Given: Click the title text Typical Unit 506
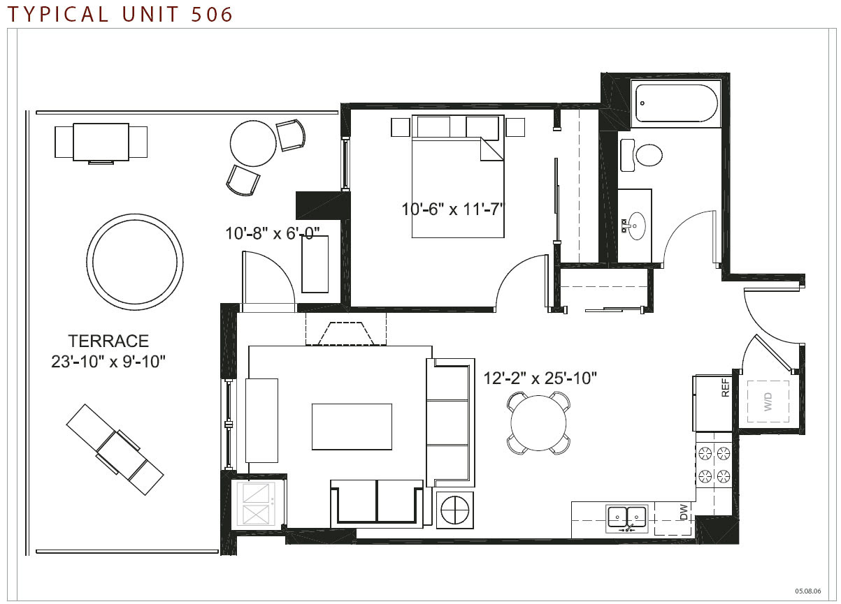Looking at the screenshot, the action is click(x=120, y=14).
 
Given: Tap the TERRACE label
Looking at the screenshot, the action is click(x=108, y=341).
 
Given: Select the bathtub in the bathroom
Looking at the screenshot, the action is click(x=676, y=103).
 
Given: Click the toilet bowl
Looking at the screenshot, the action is click(x=649, y=155).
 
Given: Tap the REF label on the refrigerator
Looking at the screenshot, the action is click(x=726, y=388).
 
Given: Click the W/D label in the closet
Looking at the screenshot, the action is click(x=768, y=402).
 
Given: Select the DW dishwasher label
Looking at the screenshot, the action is click(x=684, y=512).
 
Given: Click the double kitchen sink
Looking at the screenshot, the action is click(x=626, y=519).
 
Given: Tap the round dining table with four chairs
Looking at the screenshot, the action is click(x=538, y=423).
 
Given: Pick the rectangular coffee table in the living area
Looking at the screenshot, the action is click(x=352, y=427).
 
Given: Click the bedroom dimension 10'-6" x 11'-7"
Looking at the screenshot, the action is click(x=453, y=209).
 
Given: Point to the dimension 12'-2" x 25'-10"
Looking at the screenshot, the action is click(x=540, y=378).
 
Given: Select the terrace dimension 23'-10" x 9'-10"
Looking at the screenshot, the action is click(x=108, y=362).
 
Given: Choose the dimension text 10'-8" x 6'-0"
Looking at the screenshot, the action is click(x=272, y=234).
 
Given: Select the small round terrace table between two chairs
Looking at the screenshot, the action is click(x=253, y=143).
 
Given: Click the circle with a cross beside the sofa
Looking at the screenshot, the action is click(x=455, y=510).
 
